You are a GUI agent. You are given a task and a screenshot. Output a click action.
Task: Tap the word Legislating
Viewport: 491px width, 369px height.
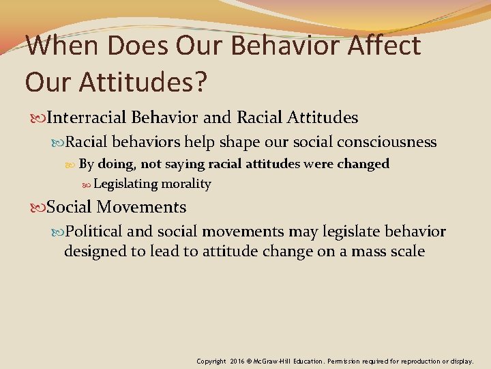125,184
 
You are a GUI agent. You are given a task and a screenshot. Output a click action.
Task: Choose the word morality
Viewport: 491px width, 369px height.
186,184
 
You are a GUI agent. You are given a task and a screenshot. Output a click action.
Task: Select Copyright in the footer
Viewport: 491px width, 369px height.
211,361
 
